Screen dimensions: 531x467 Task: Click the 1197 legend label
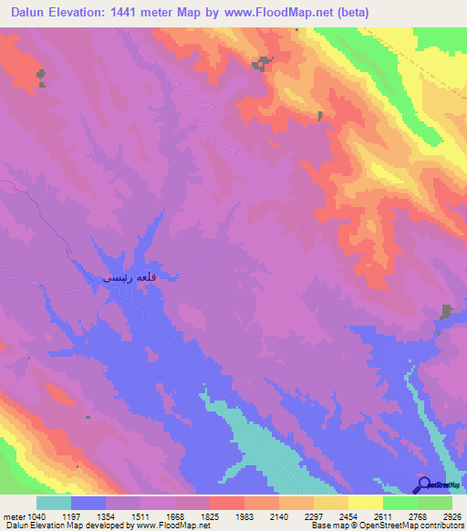85,515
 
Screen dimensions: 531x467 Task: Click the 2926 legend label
452,515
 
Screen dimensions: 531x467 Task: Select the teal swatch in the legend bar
54,503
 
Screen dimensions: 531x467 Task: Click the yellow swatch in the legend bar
365,503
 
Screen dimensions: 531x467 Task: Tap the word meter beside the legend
10,515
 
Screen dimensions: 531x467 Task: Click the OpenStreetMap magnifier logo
423,484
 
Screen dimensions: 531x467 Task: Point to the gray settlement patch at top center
263,63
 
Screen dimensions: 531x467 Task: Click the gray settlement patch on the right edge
446,311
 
